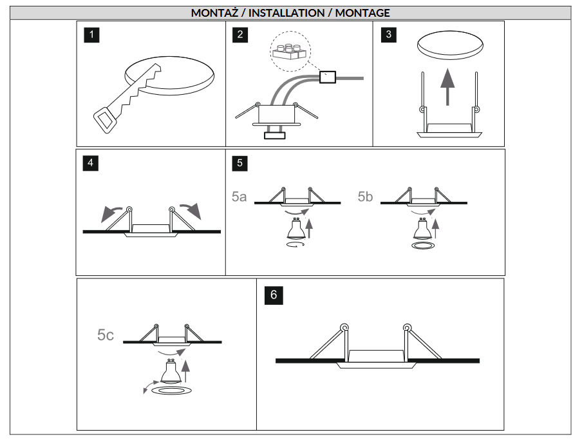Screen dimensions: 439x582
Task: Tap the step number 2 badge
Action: point(240,35)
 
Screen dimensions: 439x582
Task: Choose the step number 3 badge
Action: point(388,35)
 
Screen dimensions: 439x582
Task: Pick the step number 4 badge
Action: point(91,162)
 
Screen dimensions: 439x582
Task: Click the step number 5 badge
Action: point(240,162)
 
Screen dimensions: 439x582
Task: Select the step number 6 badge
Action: point(274,295)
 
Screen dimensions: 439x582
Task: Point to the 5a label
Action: point(239,197)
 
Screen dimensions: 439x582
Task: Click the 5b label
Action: point(365,197)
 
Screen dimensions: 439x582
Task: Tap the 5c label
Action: point(106,335)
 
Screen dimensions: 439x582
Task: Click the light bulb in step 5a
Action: point(296,229)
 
